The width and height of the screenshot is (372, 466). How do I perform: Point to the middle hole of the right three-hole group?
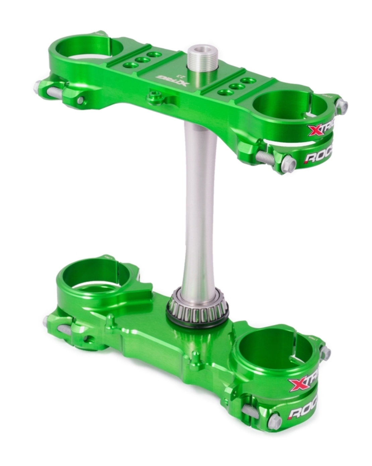(x=237, y=87)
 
